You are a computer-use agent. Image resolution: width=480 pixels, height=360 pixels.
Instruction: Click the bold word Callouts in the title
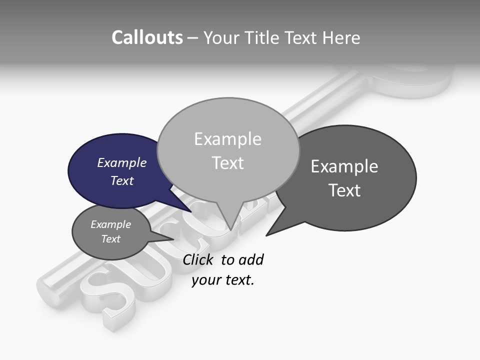click(147, 37)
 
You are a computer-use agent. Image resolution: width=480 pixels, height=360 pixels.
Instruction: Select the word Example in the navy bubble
click(121, 162)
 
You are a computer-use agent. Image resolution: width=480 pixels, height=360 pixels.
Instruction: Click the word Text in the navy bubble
click(121, 180)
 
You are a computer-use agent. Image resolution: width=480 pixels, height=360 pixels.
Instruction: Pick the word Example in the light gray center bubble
click(227, 139)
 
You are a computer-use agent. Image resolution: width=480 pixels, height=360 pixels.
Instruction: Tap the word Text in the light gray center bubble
click(227, 163)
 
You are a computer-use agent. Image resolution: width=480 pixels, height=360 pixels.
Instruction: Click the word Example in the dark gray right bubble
click(344, 166)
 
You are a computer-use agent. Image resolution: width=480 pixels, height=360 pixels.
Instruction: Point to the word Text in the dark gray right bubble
click(344, 190)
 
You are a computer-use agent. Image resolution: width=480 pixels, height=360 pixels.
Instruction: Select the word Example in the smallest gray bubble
click(110, 224)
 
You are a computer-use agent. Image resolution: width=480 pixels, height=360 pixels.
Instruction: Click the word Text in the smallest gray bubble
click(110, 239)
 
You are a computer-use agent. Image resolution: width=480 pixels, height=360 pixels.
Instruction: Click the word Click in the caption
click(199, 259)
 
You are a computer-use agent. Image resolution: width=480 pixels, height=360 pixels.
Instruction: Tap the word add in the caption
click(251, 259)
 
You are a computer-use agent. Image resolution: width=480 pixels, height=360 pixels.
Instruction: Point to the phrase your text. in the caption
click(223, 280)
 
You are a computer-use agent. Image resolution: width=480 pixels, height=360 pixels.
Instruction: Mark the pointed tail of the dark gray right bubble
click(269, 233)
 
